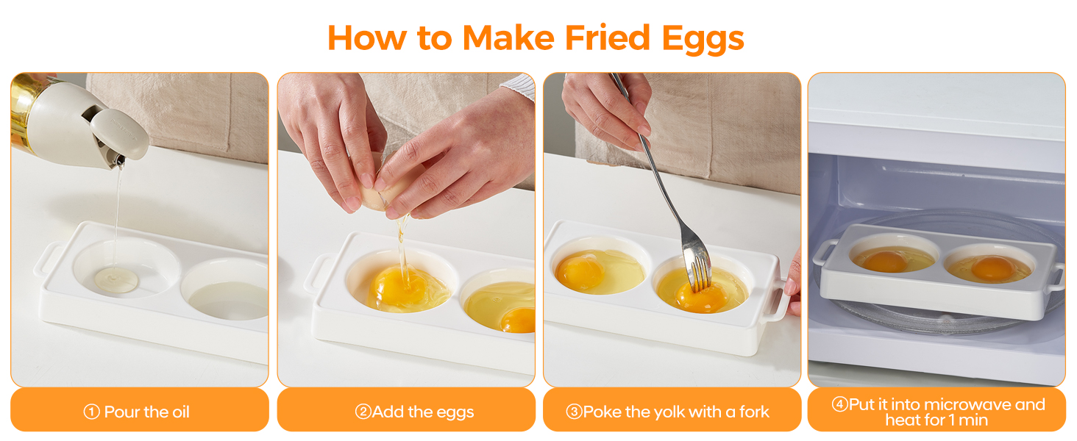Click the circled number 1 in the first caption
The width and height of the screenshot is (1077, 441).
click(x=91, y=412)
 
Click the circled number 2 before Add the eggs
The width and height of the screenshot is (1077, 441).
click(x=363, y=412)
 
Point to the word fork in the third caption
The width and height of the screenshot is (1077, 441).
click(x=754, y=412)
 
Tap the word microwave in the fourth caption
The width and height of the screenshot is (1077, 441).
click(x=962, y=405)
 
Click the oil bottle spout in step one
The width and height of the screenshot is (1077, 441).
click(x=115, y=157)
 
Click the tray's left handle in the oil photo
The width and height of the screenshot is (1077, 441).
click(x=46, y=259)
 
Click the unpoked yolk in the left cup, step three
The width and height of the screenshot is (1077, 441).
click(x=579, y=270)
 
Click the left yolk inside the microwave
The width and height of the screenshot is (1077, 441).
click(x=886, y=261)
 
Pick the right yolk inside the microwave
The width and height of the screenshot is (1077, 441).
click(x=991, y=267)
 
